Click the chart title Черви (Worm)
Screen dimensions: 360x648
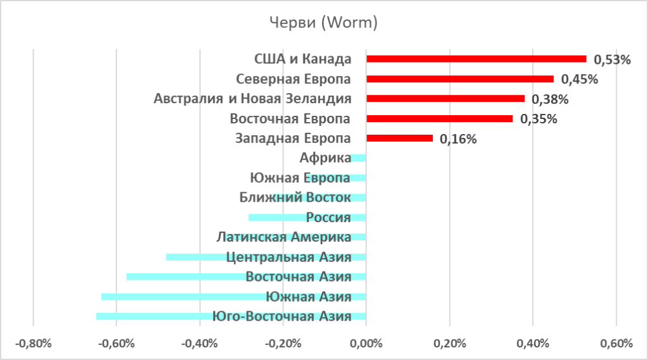[x=323, y=23]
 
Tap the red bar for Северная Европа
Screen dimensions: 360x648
[x=459, y=79]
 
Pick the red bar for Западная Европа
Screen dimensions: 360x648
[x=399, y=138]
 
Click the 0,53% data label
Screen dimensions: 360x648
[x=612, y=60]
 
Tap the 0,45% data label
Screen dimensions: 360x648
[x=580, y=80]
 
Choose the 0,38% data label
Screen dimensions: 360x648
[x=550, y=99]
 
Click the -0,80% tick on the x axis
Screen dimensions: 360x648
[x=33, y=344]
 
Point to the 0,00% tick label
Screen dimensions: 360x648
[x=366, y=344]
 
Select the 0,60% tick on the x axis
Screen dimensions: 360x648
[x=615, y=344]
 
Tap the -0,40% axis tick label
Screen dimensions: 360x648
[x=199, y=344]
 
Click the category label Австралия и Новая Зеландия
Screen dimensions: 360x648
[x=252, y=99]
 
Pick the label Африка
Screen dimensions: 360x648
[x=326, y=158]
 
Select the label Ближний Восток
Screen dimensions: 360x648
[x=295, y=197]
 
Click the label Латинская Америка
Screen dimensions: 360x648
[x=283, y=237]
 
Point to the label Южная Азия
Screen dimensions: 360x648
[x=308, y=296]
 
